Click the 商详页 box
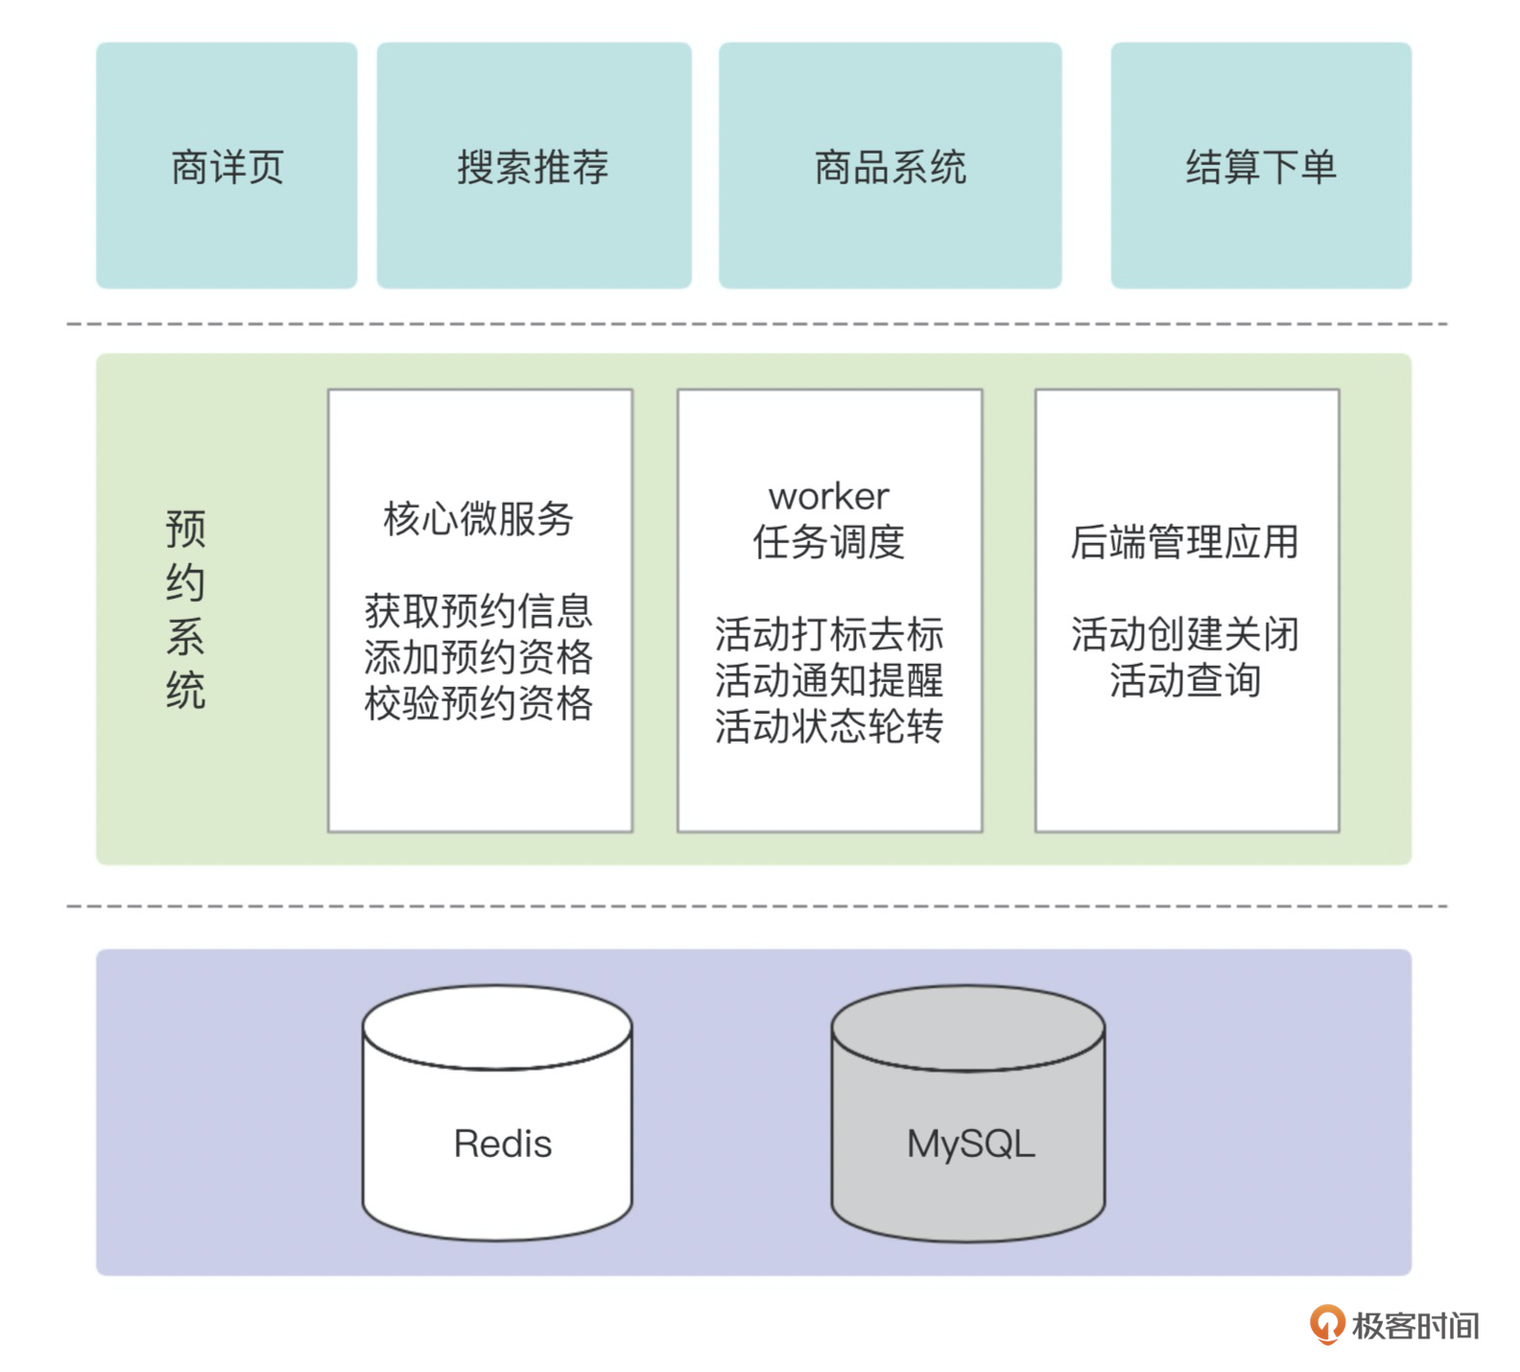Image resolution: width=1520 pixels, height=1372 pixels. coord(226,166)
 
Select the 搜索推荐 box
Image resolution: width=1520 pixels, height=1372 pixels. coord(534,166)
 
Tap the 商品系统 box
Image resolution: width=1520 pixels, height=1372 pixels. coord(890,166)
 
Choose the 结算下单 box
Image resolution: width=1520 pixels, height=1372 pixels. coord(1261,166)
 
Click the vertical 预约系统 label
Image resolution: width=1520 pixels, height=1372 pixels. coord(185,609)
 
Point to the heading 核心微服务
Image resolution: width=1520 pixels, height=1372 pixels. coord(478,519)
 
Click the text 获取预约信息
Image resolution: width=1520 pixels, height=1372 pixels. coord(478,611)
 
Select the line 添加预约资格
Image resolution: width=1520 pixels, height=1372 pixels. coord(478,657)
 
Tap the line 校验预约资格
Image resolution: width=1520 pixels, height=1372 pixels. coord(478,703)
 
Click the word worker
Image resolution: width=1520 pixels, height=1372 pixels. coord(829,496)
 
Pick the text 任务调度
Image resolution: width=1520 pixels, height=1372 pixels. coord(829,542)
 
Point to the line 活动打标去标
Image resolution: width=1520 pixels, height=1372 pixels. coord(829,634)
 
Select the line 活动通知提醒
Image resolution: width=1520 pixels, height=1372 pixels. coord(829,680)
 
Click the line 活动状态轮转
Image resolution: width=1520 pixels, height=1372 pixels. coord(829,726)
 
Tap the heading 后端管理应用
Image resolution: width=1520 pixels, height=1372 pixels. coord(1185,542)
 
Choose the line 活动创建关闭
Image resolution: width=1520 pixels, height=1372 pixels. coord(1185,634)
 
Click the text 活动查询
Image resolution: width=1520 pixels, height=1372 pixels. coord(1185,680)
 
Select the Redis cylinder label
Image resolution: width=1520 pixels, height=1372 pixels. coord(503,1144)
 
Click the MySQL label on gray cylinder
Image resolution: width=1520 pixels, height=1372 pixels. coord(971,1144)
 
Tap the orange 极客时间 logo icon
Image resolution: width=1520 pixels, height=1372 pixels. coord(1327,1324)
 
